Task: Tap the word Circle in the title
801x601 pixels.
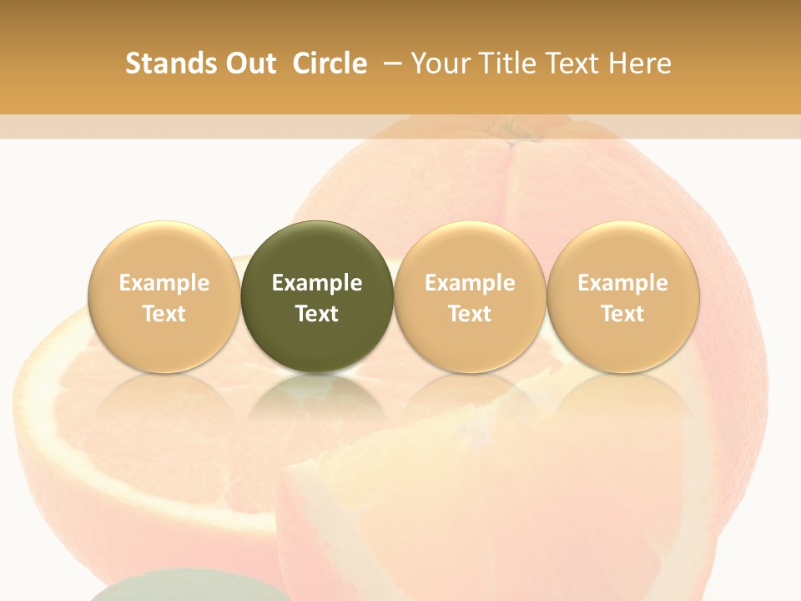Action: [330, 63]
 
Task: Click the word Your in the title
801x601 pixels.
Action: [437, 63]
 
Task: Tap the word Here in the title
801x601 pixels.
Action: [638, 63]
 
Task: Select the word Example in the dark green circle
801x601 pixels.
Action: [317, 283]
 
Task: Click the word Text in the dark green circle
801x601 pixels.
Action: [317, 314]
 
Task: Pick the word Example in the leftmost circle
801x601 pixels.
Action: [164, 283]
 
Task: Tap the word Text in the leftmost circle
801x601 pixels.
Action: [164, 314]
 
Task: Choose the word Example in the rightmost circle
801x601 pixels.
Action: [622, 283]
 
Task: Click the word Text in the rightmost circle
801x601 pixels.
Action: [622, 314]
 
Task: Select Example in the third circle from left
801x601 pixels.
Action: [470, 283]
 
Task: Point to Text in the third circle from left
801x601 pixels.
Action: [470, 314]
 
